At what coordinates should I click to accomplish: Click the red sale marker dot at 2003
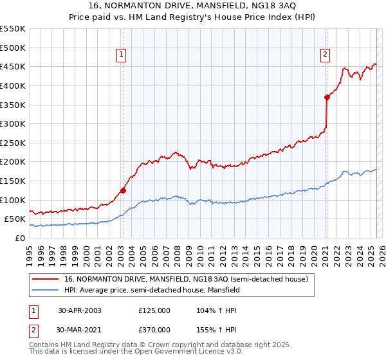(x=123, y=190)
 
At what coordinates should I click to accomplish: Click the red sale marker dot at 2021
(x=327, y=97)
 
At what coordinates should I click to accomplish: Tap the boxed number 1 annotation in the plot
(x=122, y=55)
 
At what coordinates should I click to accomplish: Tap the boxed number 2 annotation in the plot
(x=326, y=55)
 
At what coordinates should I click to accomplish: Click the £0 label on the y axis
(x=21, y=238)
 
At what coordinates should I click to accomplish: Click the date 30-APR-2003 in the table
(x=80, y=310)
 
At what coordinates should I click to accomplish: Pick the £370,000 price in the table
(x=154, y=329)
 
